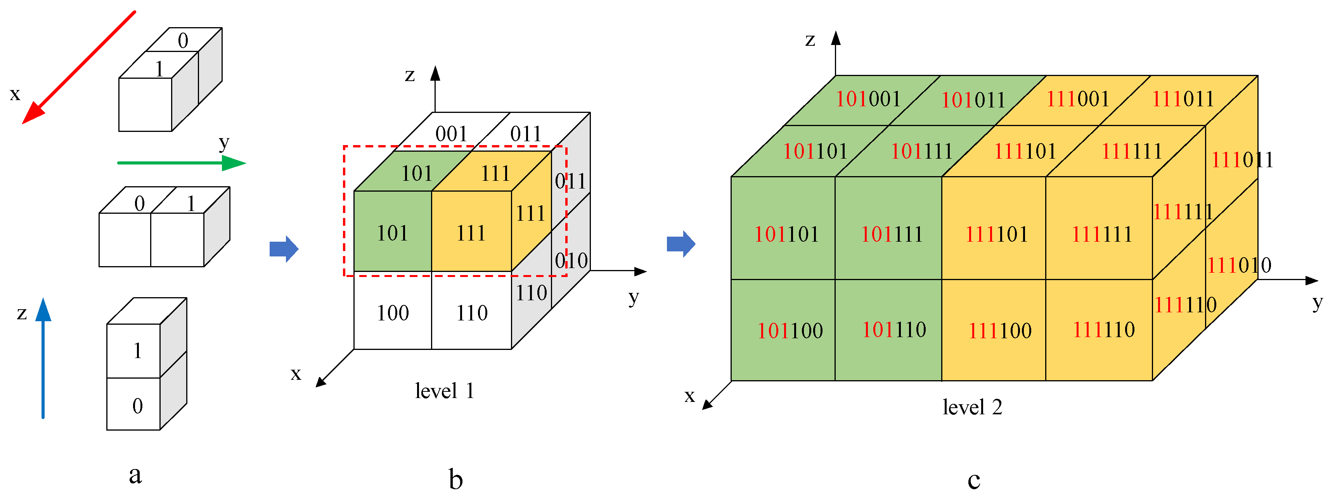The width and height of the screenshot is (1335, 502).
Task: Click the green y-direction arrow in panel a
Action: tap(182, 163)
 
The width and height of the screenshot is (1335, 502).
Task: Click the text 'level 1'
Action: tap(444, 391)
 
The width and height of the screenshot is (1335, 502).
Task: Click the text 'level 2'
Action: tap(972, 407)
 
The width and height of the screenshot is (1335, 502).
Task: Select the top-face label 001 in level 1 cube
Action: tap(451, 134)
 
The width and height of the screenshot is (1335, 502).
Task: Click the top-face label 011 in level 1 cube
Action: tap(525, 134)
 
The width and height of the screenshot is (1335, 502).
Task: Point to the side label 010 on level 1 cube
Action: tap(571, 260)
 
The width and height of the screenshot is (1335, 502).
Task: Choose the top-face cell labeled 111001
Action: tap(1078, 99)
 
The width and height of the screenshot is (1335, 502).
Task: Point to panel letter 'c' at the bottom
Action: tap(973, 480)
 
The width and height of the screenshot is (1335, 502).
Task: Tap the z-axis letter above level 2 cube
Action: tap(810, 40)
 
